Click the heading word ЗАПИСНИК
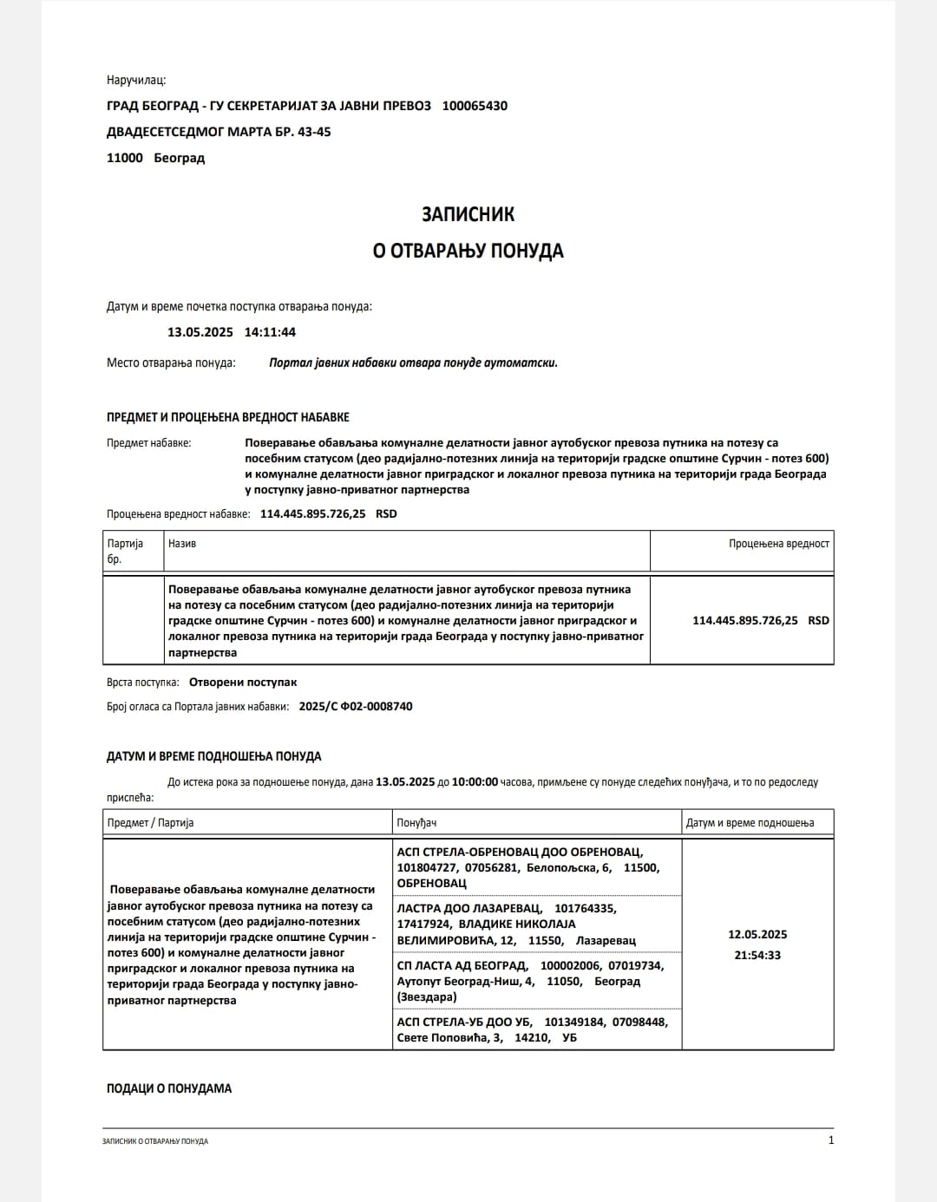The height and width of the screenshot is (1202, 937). click(x=468, y=214)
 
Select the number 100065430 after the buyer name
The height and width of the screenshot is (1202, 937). click(x=475, y=106)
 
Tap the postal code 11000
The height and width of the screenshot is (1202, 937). click(x=124, y=158)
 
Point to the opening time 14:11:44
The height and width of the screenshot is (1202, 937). click(x=270, y=332)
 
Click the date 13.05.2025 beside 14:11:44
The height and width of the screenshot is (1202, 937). click(x=200, y=332)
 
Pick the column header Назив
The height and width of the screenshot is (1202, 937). click(x=182, y=544)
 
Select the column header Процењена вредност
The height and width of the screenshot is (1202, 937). click(x=778, y=544)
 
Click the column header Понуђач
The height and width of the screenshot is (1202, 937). click(x=416, y=823)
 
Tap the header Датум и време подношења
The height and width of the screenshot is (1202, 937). click(x=750, y=823)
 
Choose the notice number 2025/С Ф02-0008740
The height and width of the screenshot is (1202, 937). click(x=355, y=707)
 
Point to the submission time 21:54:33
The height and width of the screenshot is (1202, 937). click(x=757, y=956)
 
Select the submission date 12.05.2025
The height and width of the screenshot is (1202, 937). click(x=757, y=935)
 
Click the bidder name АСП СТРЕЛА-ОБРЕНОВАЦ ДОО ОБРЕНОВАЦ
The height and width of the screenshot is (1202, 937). click(x=520, y=853)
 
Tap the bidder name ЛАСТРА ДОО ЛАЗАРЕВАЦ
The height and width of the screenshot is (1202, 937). click(x=469, y=909)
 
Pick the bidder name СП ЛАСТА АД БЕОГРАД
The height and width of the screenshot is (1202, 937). click(x=462, y=966)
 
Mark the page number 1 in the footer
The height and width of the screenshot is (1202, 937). click(x=831, y=1140)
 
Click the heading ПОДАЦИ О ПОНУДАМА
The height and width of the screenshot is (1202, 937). click(x=169, y=1088)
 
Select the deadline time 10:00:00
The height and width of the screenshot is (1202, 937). click(x=475, y=782)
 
